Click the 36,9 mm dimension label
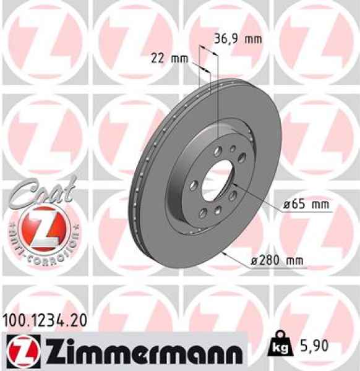(x=238, y=38)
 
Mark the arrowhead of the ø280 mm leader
(x=225, y=253)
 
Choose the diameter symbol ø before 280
(x=254, y=262)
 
